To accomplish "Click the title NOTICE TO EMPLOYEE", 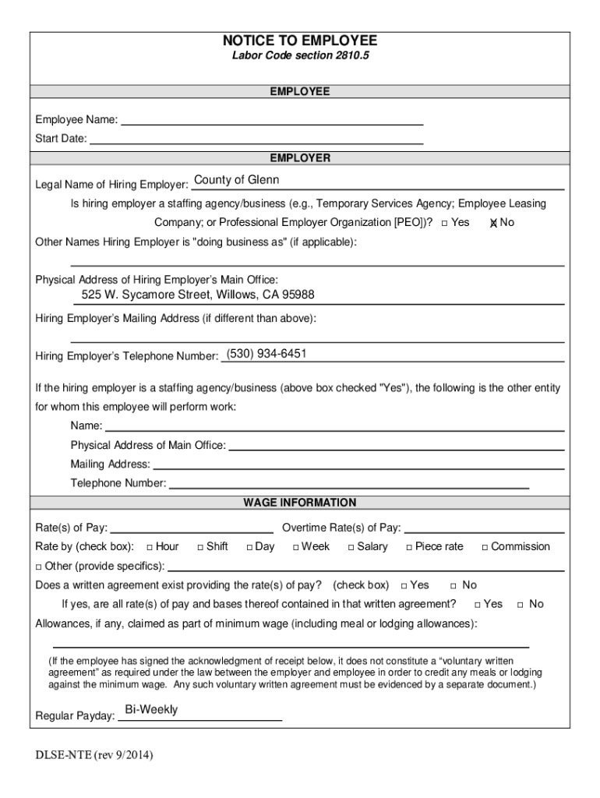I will [x=299, y=41].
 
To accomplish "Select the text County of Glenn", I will [x=236, y=180].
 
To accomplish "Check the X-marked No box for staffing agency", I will [x=493, y=223].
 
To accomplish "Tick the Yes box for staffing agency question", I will [x=443, y=223].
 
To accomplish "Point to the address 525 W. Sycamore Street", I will [x=198, y=295].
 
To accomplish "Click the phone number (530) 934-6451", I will [x=266, y=354].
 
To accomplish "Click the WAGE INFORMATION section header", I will [x=299, y=503].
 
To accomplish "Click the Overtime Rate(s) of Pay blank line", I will [x=483, y=528].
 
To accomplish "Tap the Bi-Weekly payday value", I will [x=151, y=710].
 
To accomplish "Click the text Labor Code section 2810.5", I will [x=299, y=57].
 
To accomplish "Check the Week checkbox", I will [x=295, y=547].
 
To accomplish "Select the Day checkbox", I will [x=249, y=547].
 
